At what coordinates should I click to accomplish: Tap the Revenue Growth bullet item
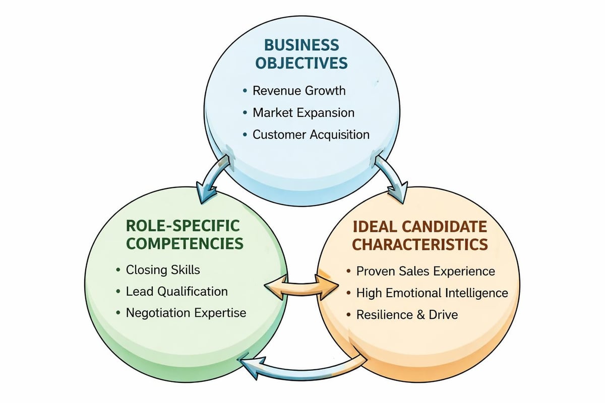tap(298, 91)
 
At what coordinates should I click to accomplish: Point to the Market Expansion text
tap(303, 112)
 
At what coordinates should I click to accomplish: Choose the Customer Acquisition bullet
tap(311, 135)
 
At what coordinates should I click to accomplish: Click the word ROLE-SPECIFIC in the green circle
tap(183, 225)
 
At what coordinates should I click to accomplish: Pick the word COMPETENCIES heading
tap(185, 244)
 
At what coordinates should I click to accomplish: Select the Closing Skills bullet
tap(162, 270)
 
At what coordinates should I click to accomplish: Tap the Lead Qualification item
tap(176, 291)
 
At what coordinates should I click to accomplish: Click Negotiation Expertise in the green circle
tap(186, 313)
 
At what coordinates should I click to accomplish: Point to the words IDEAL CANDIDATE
tap(419, 225)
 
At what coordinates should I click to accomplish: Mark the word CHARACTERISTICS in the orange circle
tap(419, 244)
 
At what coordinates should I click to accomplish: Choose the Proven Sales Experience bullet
tap(425, 271)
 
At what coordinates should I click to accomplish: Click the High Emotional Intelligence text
tap(432, 293)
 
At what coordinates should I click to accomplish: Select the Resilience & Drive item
tap(407, 315)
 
